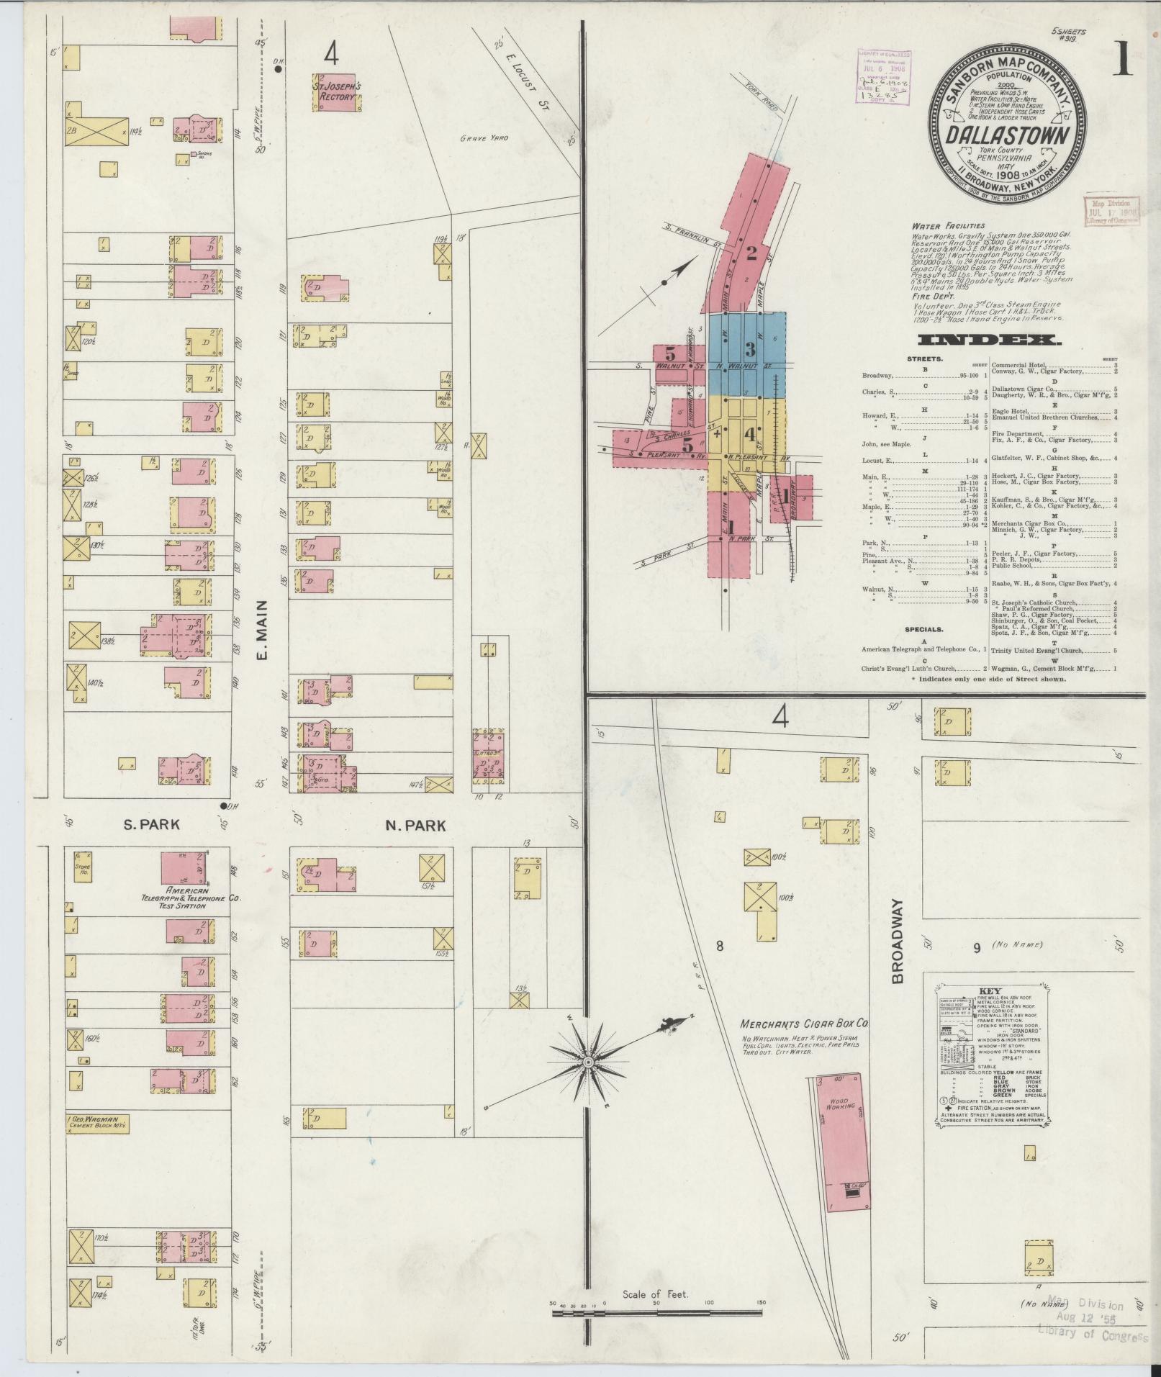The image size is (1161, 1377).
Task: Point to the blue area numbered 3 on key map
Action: pyautogui.click(x=750, y=349)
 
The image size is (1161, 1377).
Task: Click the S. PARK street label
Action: pyautogui.click(x=150, y=825)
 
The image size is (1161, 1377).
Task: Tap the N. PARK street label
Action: pyautogui.click(x=415, y=826)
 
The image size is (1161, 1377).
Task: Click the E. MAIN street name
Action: pyautogui.click(x=261, y=631)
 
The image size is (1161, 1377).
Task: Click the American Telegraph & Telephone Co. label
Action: pyautogui.click(x=192, y=898)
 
